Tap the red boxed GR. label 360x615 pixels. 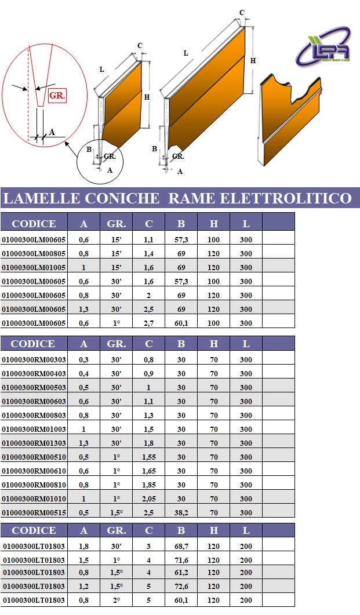pyautogui.click(x=57, y=96)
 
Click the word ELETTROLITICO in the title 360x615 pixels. pyautogui.click(x=286, y=198)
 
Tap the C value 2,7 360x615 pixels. pyautogui.click(x=149, y=323)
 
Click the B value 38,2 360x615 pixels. pyautogui.click(x=181, y=512)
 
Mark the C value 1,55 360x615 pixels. pyautogui.click(x=149, y=457)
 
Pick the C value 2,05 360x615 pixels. pyautogui.click(x=149, y=498)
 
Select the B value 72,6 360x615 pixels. pyautogui.click(x=181, y=586)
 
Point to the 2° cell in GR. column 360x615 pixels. pyautogui.click(x=117, y=600)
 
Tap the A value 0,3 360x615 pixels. pyautogui.click(x=83, y=359)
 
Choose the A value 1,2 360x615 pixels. pyautogui.click(x=83, y=586)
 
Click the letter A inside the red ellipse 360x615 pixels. pyautogui.click(x=52, y=132)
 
